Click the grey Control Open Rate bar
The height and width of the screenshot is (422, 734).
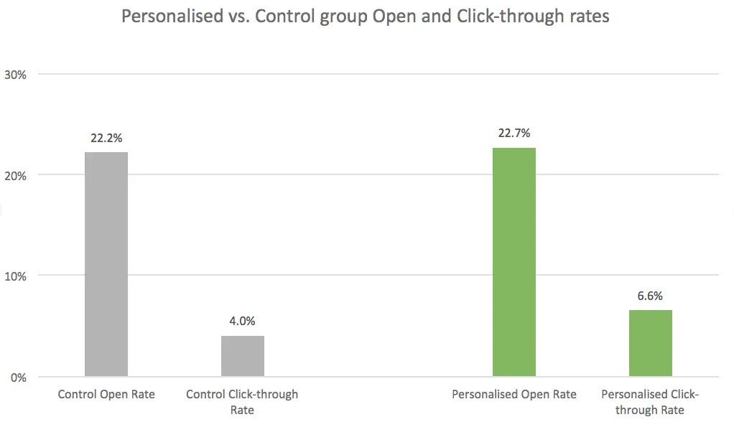[106, 264]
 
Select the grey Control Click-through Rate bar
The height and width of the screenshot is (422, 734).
[242, 356]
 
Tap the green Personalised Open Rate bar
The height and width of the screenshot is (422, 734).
[514, 262]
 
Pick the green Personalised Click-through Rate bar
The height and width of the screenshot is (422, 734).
[650, 343]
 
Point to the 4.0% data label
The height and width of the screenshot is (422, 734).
[242, 321]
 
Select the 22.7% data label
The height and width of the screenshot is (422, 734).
[514, 133]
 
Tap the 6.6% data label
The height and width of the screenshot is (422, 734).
[650, 295]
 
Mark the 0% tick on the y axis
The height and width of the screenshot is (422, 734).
[19, 377]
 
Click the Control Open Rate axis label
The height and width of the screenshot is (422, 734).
[106, 394]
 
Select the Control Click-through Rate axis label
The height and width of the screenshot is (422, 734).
[242, 401]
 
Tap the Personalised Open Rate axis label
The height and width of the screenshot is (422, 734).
[514, 394]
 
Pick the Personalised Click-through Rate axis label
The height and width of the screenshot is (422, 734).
[650, 401]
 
